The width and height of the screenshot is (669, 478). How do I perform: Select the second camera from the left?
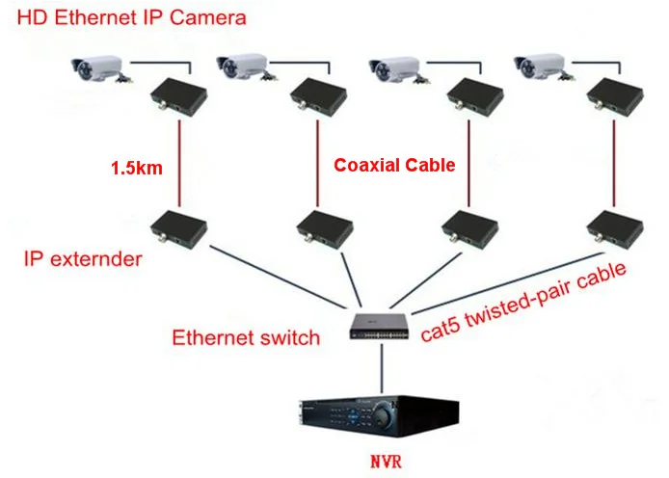click(243, 67)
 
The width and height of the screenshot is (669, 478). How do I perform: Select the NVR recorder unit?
click(379, 414)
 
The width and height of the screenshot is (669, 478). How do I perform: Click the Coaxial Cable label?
click(394, 165)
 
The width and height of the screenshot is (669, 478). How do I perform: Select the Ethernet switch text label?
click(245, 338)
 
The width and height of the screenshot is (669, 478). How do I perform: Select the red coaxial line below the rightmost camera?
click(614, 164)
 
